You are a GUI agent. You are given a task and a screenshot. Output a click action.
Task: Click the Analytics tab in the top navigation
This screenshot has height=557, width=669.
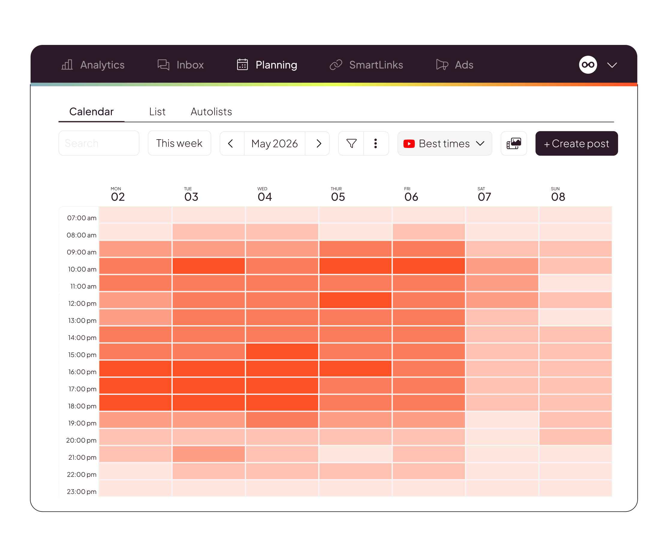click(x=93, y=65)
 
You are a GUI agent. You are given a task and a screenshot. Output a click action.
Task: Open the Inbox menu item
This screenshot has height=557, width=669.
click(x=181, y=65)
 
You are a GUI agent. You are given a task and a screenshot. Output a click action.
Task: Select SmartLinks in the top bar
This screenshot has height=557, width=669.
click(x=366, y=65)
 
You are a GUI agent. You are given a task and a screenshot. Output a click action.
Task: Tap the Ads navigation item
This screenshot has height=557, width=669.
click(x=455, y=65)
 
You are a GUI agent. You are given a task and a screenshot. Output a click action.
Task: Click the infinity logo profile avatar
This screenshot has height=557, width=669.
click(x=588, y=65)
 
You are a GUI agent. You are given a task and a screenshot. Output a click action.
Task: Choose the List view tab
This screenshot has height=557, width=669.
click(x=157, y=112)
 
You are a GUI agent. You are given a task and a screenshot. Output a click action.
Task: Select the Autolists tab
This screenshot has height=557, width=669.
click(x=211, y=112)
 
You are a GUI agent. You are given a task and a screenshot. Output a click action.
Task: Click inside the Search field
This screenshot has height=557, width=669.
click(x=99, y=143)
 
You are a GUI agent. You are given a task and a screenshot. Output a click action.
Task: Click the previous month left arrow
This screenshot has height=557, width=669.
click(x=231, y=143)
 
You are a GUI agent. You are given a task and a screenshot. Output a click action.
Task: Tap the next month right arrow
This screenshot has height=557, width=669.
click(x=318, y=143)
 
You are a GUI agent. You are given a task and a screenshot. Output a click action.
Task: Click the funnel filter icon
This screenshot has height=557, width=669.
click(x=351, y=143)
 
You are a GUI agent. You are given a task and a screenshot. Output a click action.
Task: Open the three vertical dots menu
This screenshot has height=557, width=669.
click(x=376, y=143)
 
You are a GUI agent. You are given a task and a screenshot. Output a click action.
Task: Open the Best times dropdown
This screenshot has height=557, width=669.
click(x=445, y=143)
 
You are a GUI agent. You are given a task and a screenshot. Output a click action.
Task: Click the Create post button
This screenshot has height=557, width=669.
click(x=577, y=143)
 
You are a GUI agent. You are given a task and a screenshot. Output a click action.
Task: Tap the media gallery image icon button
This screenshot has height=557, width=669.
click(x=514, y=143)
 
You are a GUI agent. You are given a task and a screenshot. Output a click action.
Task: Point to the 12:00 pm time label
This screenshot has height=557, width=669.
click(x=82, y=303)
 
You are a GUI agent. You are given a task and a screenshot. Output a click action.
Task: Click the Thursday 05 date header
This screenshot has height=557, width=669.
click(x=338, y=194)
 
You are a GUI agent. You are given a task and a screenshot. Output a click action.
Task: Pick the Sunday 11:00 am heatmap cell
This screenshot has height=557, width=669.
click(x=575, y=283)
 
